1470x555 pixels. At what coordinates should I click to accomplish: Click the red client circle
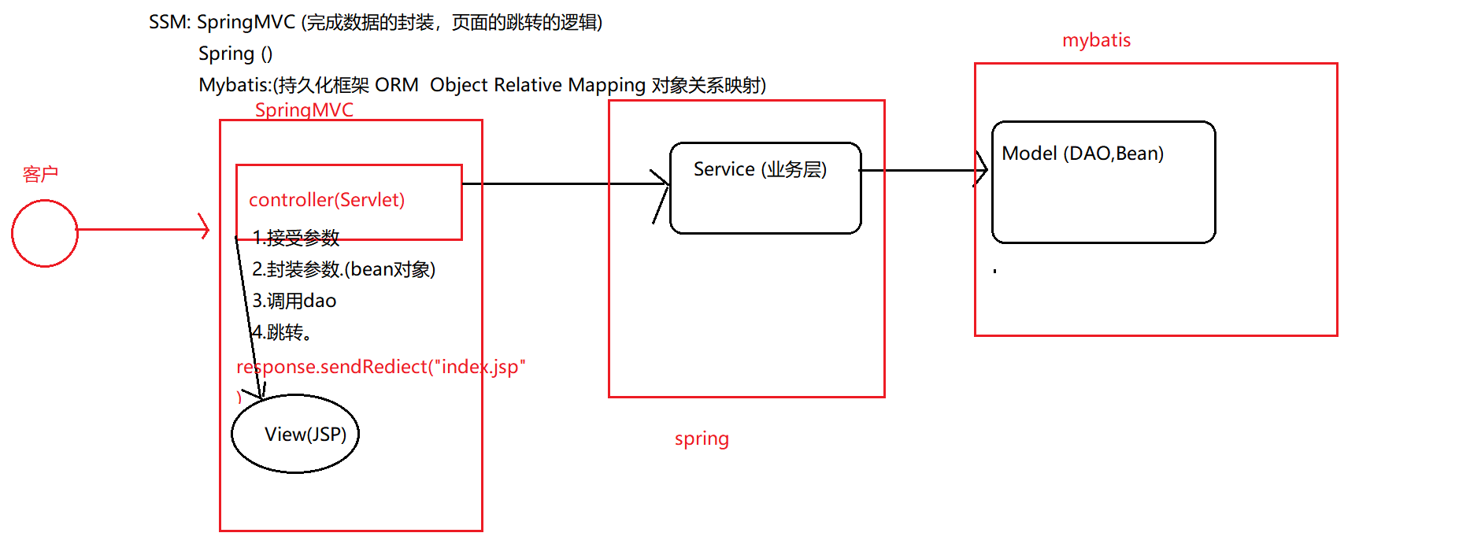point(45,233)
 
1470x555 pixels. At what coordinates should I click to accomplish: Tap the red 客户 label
point(40,174)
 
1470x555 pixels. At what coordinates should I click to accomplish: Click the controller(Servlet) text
point(327,200)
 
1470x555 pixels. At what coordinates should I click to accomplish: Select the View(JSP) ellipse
point(295,434)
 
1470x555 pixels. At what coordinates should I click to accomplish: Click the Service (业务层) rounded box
point(765,189)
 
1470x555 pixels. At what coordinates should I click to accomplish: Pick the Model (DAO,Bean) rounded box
point(1103,183)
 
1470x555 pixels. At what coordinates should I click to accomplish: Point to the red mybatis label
point(1096,40)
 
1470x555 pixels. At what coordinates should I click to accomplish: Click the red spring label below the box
point(702,438)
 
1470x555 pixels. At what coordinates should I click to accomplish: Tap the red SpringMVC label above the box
point(304,110)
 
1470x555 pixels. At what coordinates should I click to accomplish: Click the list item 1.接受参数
point(296,237)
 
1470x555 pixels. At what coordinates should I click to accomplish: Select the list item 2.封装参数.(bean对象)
point(343,269)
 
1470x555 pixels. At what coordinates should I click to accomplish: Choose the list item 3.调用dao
point(294,301)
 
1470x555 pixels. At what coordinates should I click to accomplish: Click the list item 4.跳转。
point(283,332)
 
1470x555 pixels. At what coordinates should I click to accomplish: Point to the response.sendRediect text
point(380,367)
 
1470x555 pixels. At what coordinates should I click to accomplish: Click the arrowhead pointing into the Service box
point(662,186)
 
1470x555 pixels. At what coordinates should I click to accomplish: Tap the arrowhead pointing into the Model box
point(982,168)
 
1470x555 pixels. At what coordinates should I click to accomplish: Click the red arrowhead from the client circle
point(205,229)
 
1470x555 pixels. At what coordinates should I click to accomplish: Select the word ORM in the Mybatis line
point(397,85)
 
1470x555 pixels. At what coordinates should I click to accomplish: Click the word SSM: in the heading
point(169,22)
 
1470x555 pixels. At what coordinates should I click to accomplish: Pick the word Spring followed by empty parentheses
point(226,54)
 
